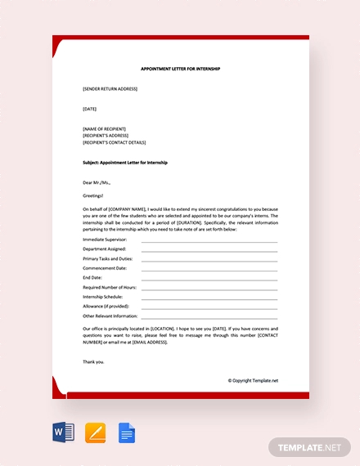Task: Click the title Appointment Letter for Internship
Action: coord(181,69)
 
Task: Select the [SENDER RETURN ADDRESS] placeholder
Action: coord(110,88)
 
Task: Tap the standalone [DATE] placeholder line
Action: coord(90,109)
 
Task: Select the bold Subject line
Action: coord(125,163)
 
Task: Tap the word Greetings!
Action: coord(93,196)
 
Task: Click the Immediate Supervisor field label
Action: coord(105,240)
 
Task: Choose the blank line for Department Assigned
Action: coord(209,249)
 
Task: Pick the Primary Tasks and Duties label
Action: coord(107,258)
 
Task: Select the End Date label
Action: coord(92,277)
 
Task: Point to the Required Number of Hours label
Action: coord(110,287)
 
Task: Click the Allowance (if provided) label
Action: coord(106,306)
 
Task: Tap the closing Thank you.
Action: coord(93,361)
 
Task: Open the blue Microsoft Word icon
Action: coord(64,432)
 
